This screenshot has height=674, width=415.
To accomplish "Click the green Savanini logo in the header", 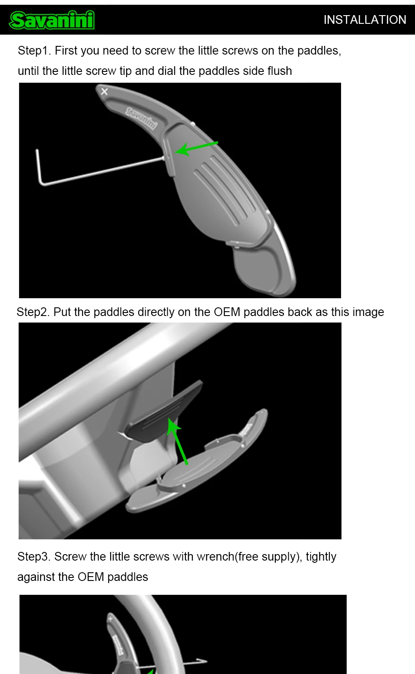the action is pyautogui.click(x=52, y=20).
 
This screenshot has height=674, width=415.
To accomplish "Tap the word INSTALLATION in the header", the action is pyautogui.click(x=365, y=20).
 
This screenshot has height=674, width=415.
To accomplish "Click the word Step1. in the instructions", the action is pyautogui.click(x=34, y=51).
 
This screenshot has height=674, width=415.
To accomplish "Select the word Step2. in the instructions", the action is pyautogui.click(x=33, y=312).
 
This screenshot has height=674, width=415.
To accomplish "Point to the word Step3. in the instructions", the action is pyautogui.click(x=34, y=557).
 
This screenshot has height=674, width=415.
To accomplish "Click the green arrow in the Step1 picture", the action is pyautogui.click(x=196, y=148).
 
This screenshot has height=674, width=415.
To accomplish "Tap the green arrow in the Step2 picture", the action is pyautogui.click(x=177, y=441).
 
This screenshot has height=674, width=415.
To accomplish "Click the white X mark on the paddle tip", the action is pyautogui.click(x=104, y=91).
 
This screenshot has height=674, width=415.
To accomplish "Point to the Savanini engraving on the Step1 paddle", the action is pyautogui.click(x=141, y=118).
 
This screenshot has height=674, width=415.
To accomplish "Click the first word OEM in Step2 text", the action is pyautogui.click(x=227, y=312).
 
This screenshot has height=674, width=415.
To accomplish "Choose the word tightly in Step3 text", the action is pyautogui.click(x=321, y=557).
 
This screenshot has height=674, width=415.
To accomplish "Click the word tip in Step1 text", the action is pyautogui.click(x=126, y=71).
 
